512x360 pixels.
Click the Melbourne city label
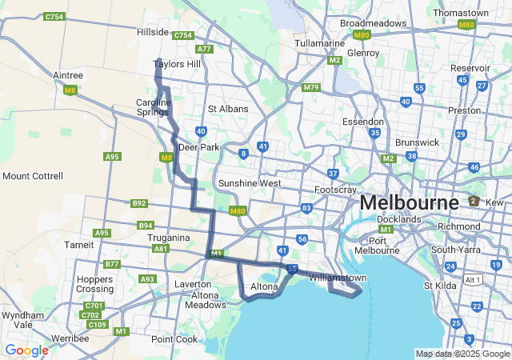pos(409,202)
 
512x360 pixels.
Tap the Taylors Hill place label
pos(176,64)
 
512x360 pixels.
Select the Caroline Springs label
pos(153,107)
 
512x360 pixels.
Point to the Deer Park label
pos(199,147)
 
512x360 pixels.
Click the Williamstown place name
pos(338,278)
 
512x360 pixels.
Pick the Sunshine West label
pos(250,183)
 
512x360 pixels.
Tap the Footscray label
pos(335,190)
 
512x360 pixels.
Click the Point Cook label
pos(174,339)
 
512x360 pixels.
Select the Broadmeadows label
pos(373,23)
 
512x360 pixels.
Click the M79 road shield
pos(311,86)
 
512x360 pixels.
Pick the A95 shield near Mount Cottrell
pos(112,157)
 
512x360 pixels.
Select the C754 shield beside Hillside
pos(183,35)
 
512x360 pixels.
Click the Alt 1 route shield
pos(474,279)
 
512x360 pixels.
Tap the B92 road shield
pos(139,204)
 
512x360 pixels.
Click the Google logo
pos(26,350)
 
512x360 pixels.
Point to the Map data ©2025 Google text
pos(462,354)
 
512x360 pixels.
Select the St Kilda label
pos(439,286)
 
